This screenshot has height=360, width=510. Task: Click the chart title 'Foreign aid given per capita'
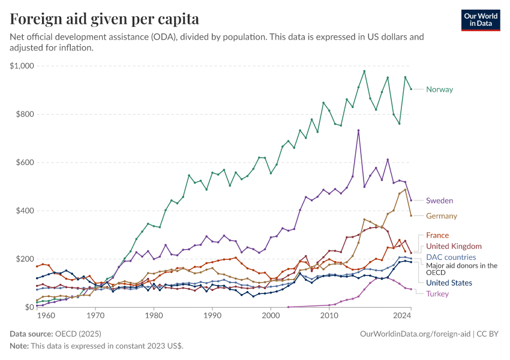coord(105,19)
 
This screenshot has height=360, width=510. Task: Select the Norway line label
coord(439,89)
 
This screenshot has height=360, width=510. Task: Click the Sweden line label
coord(439,200)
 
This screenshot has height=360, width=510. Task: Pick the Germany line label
coord(441,216)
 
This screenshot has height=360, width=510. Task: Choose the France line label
coord(437,235)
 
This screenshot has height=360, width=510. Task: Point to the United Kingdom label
coord(454,246)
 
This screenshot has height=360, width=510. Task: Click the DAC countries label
coord(451,257)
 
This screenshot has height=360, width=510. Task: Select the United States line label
coord(449,283)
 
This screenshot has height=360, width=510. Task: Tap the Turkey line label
coord(437,293)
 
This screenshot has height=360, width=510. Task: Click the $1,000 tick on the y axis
coord(22,66)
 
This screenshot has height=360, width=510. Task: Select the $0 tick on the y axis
coord(29,307)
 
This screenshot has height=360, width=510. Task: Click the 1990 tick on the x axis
coord(212,315)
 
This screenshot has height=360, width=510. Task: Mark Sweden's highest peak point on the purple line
coord(358,130)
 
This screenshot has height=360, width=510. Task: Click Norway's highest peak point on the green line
coord(364,71)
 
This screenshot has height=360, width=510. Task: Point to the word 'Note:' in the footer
coord(20,346)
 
